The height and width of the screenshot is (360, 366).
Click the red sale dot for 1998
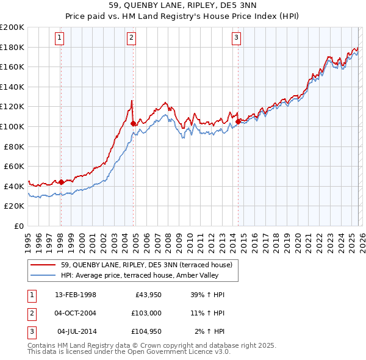(61, 181)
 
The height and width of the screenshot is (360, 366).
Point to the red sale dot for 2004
(133, 123)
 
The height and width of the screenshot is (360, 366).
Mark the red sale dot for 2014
(237, 121)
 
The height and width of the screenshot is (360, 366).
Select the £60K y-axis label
(14, 166)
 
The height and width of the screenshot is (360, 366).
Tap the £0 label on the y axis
(18, 226)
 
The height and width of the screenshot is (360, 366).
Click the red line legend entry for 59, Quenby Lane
(146, 265)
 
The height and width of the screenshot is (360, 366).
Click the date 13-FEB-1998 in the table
(76, 295)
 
